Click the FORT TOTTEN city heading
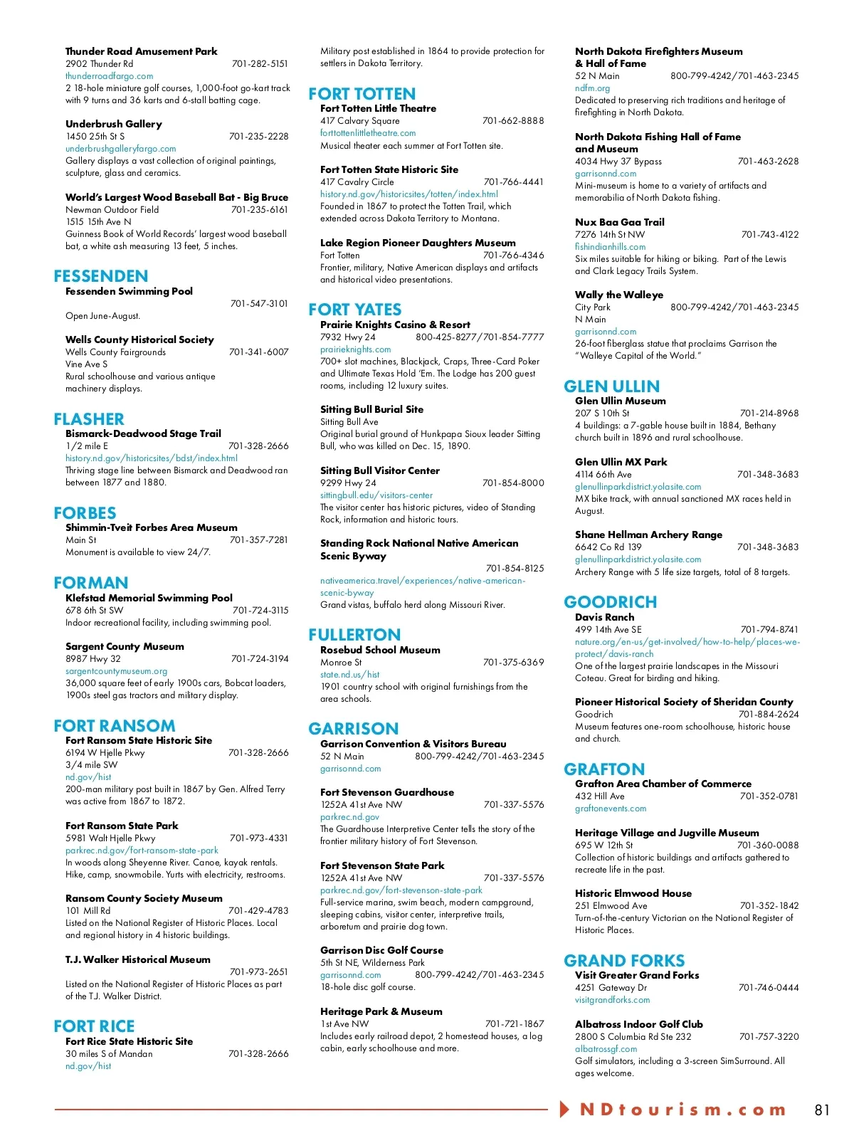tap(362, 94)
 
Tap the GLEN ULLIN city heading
tap(611, 386)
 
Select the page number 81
tap(822, 1110)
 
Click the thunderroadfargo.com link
tap(109, 76)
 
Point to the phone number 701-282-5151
tap(260, 64)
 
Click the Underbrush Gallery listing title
tap(114, 124)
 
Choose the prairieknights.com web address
tap(355, 349)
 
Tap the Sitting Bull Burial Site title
tap(371, 409)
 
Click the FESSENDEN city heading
tap(100, 276)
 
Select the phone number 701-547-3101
tap(259, 304)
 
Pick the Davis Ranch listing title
tap(604, 617)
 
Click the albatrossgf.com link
tap(606, 1049)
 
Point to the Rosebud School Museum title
tap(380, 650)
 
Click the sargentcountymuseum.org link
tap(116, 671)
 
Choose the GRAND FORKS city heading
tap(623, 961)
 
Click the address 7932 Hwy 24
tap(347, 337)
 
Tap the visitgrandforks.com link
tap(612, 1000)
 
